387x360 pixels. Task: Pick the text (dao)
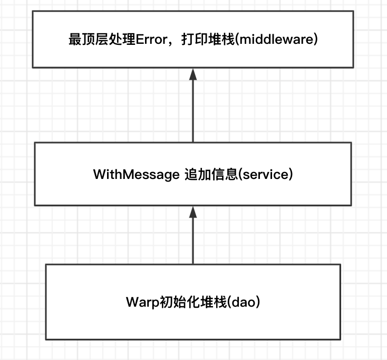[245, 302]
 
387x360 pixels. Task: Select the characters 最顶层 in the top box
[89, 40]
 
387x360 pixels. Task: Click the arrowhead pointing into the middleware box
[193, 74]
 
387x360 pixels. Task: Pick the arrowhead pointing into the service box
[193, 212]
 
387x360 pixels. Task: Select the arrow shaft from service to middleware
[193, 111]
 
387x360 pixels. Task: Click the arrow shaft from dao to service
[193, 241]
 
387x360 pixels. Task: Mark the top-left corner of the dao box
[46, 264]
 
